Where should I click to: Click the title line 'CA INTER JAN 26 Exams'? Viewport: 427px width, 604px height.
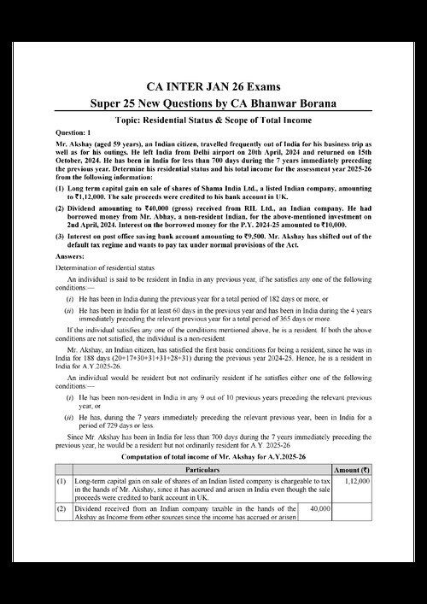[213, 86]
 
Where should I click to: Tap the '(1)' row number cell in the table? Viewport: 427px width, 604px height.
[61, 481]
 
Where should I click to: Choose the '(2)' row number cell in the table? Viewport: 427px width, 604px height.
[61, 509]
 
